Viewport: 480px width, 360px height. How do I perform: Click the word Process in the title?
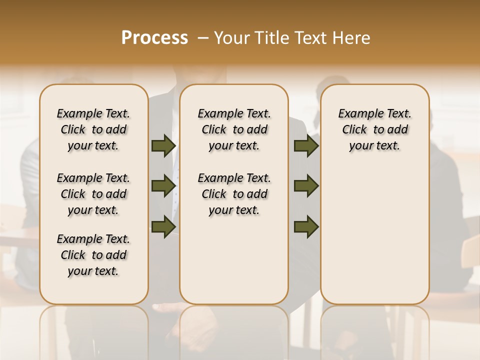point(154,38)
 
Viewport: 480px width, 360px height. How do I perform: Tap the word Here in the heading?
point(352,38)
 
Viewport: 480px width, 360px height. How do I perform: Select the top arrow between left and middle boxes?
point(163,146)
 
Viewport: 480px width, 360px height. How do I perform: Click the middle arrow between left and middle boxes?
point(163,186)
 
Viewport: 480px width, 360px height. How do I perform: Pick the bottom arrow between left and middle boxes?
point(163,227)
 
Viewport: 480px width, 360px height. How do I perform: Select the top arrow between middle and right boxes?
point(306,146)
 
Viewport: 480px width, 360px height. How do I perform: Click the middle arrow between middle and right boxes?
point(306,186)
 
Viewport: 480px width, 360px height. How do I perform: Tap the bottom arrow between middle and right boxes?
point(306,227)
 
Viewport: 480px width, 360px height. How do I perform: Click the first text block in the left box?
point(93,129)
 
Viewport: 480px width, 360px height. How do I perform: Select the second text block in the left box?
point(93,194)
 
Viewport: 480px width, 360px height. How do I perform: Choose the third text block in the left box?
point(93,255)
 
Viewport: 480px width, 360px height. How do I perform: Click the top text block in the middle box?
point(234,129)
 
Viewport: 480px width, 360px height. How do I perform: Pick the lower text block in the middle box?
point(234,194)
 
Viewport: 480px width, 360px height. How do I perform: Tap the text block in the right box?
point(374,129)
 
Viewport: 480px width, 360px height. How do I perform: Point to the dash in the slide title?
point(203,38)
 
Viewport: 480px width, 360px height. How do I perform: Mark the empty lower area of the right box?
point(374,235)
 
